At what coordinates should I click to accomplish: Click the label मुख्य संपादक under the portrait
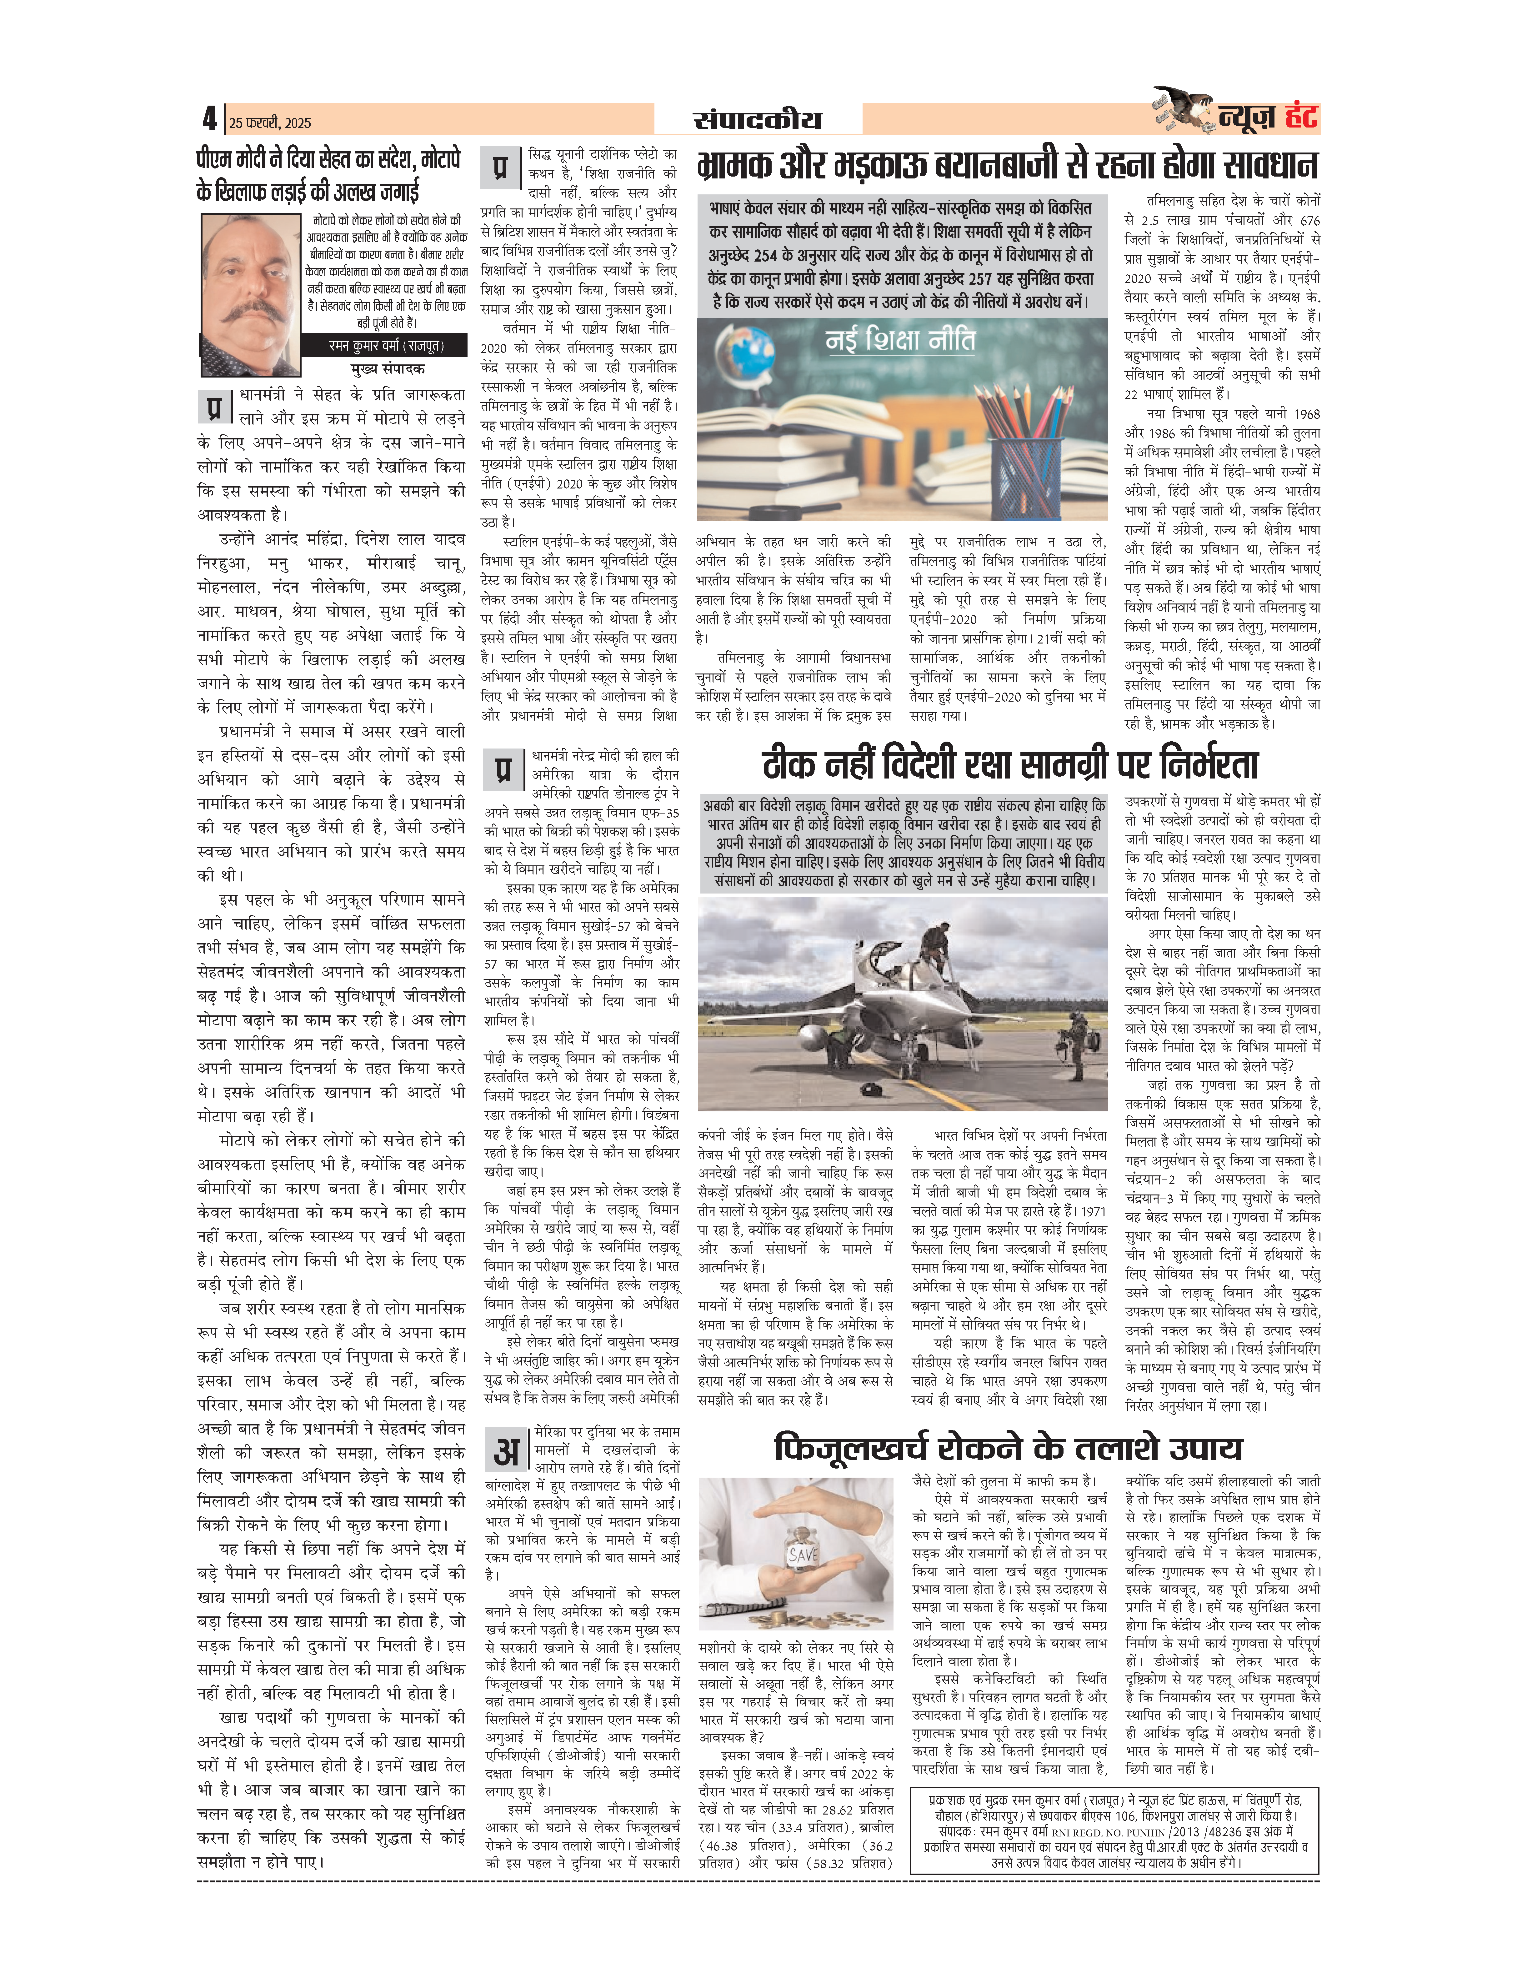[x=387, y=368]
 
